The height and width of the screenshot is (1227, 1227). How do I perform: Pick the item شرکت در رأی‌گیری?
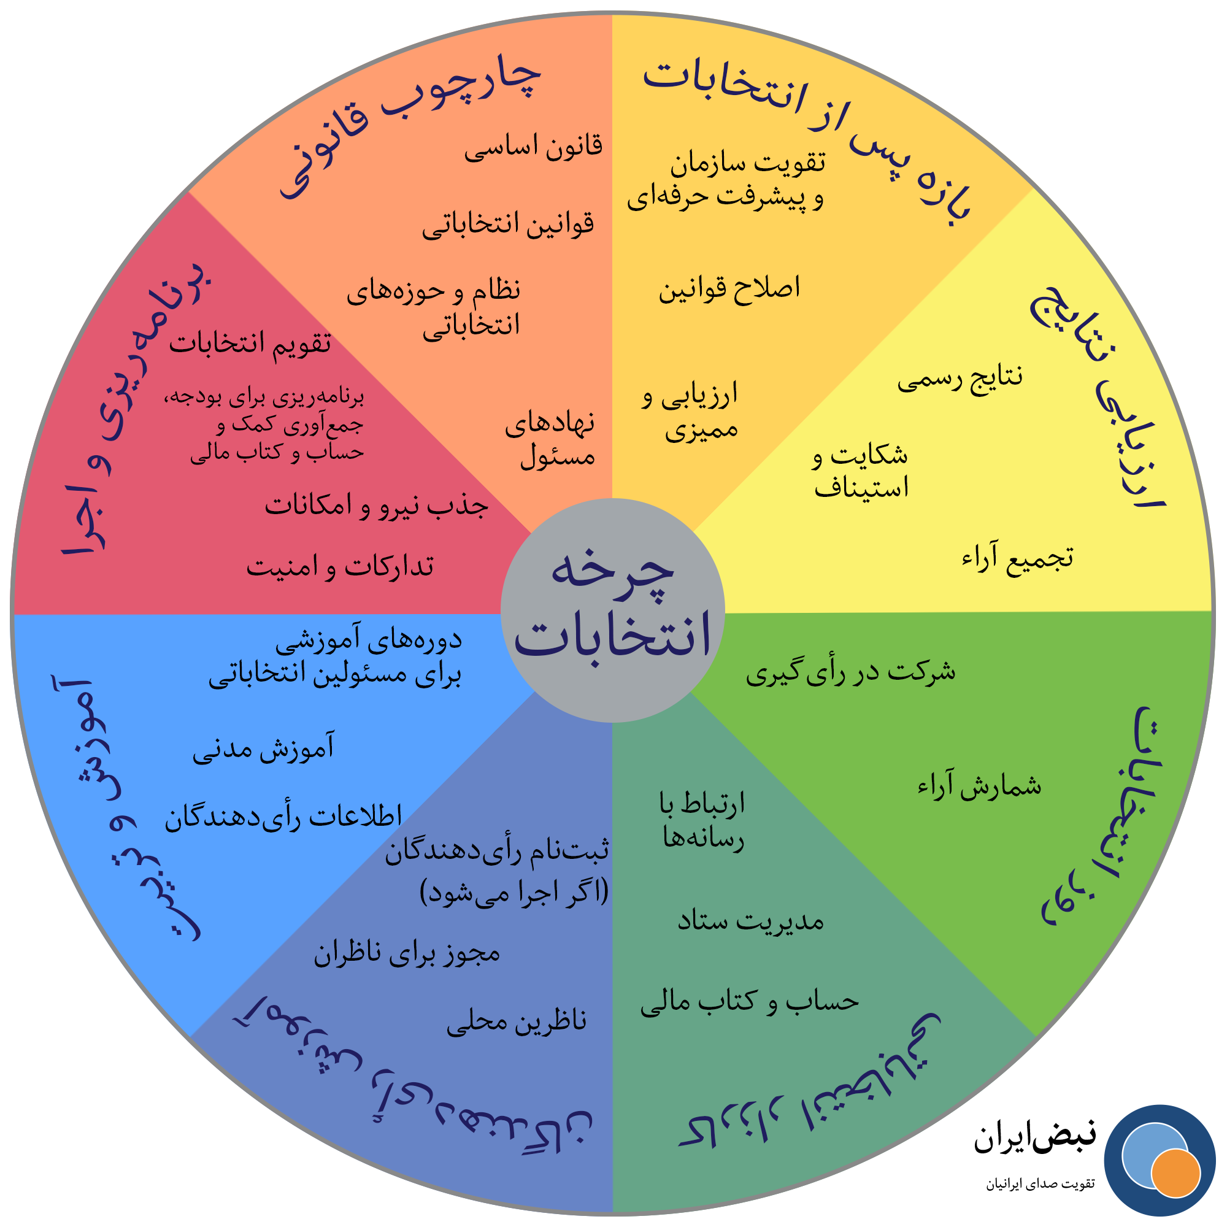pyautogui.click(x=850, y=672)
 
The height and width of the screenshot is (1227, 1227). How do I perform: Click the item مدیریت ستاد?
pyautogui.click(x=750, y=921)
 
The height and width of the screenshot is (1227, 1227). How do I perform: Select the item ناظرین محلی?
pyautogui.click(x=517, y=1021)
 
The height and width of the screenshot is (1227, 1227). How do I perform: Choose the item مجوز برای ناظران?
pyautogui.click(x=407, y=953)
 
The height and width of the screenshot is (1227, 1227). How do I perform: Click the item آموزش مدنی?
pyautogui.click(x=264, y=748)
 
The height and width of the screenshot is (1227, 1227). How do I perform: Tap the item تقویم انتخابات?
pyautogui.click(x=250, y=344)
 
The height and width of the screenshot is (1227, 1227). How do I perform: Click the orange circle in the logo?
pyautogui.click(x=1175, y=1172)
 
